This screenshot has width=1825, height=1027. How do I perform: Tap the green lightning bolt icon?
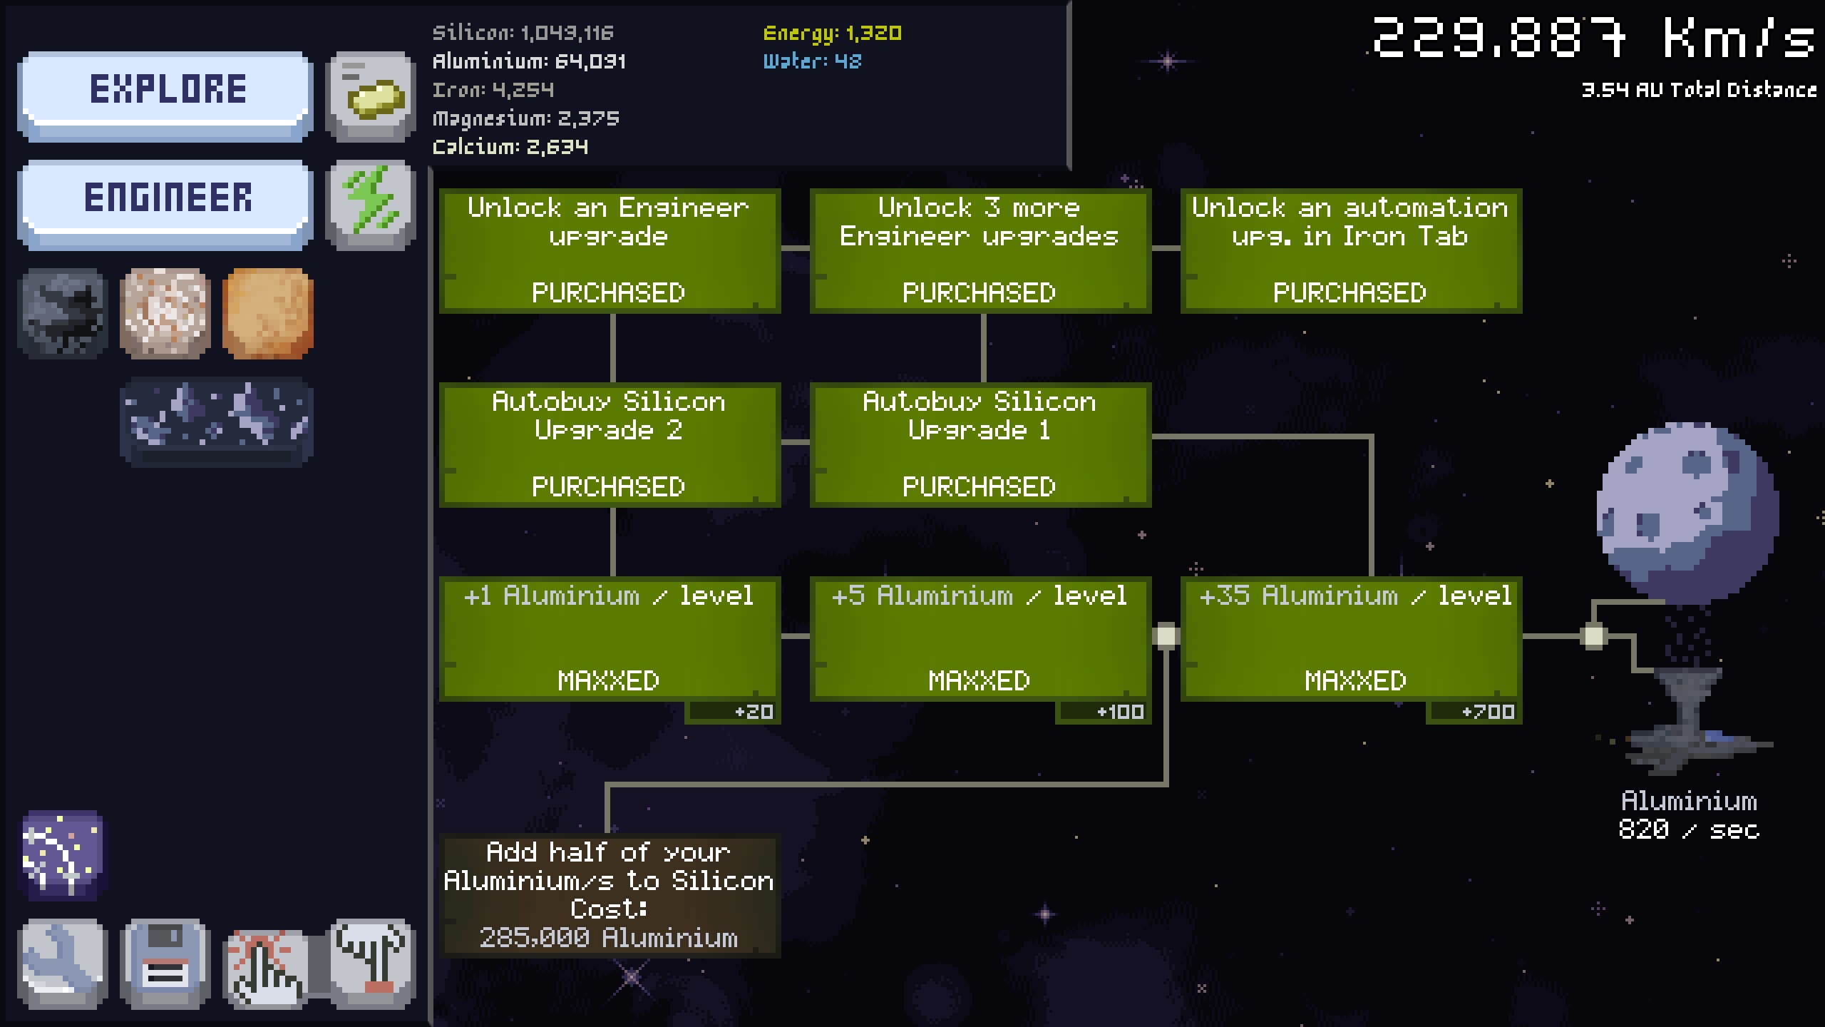(371, 203)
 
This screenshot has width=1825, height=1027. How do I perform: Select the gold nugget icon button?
(371, 96)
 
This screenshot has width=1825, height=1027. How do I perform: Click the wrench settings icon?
(63, 963)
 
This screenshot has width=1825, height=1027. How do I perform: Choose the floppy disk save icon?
(165, 963)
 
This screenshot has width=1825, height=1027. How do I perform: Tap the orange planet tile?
(268, 312)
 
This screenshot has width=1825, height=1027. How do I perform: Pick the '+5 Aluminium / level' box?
(980, 638)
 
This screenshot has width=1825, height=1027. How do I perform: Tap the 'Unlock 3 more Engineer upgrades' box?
(980, 250)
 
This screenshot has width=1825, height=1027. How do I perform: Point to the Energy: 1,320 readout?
(832, 33)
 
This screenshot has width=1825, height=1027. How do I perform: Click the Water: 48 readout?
(812, 61)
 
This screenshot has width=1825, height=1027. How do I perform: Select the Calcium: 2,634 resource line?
(510, 147)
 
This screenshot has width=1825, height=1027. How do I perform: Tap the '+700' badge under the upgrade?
(1474, 712)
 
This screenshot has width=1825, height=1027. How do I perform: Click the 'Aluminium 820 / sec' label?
(1688, 815)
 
